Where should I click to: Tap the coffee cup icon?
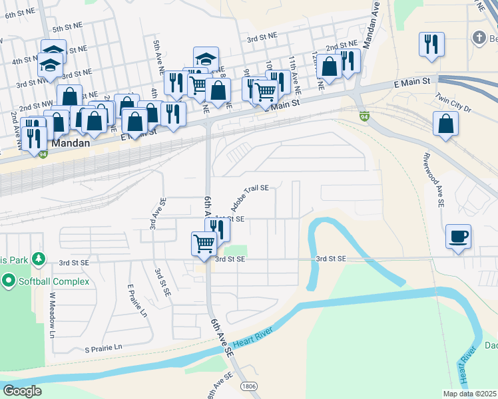pos(459,237)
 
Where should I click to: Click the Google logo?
pos(23,391)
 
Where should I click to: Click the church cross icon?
pos(479,38)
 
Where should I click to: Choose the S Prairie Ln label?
pos(103,347)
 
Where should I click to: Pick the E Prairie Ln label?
pos(136,301)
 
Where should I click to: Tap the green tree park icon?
pos(39,258)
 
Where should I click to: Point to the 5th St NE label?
pos(67,28)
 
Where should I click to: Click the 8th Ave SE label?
pos(219,386)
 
